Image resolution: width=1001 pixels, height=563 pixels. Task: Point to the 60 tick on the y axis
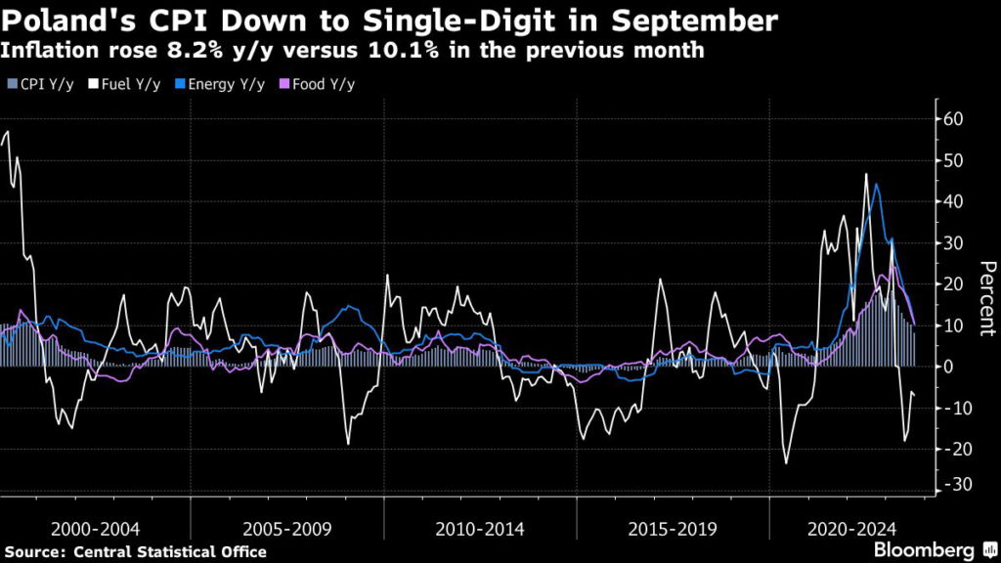tap(953, 119)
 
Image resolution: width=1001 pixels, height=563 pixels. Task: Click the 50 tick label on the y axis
tap(953, 160)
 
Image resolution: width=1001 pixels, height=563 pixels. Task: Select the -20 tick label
tap(951, 449)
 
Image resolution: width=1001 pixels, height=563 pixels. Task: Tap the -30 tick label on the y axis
tap(951, 485)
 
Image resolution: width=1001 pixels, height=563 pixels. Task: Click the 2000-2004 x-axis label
tap(95, 529)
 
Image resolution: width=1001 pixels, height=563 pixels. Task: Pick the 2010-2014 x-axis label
tap(479, 529)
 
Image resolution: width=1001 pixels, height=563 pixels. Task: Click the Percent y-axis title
tap(986, 298)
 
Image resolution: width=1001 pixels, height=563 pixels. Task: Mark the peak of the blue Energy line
tap(876, 184)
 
